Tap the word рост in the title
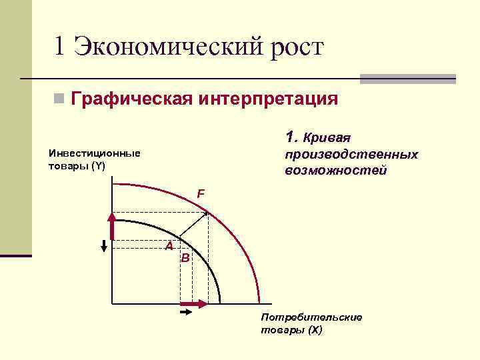[x=294, y=47]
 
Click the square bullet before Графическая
[x=59, y=100]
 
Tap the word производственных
[x=351, y=155]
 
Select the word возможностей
[x=335, y=171]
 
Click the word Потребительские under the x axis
[x=312, y=317]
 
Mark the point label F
[x=200, y=194]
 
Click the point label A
[x=169, y=246]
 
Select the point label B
[x=185, y=257]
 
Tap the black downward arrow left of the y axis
[x=104, y=245]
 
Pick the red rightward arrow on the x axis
[x=194, y=304]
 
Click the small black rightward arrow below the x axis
[x=186, y=311]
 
